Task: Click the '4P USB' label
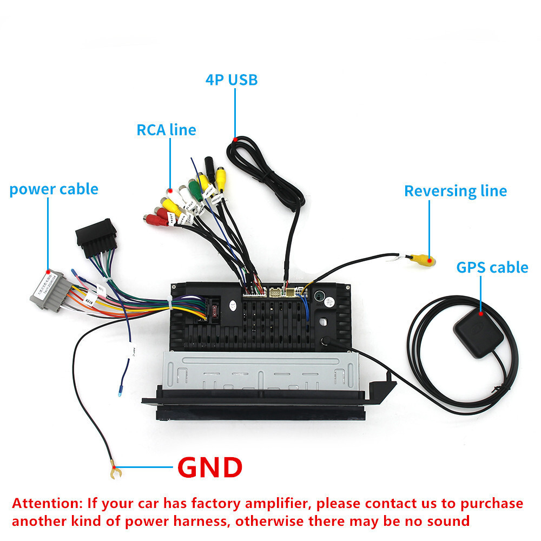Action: pyautogui.click(x=232, y=80)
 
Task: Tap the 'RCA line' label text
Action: pyautogui.click(x=166, y=130)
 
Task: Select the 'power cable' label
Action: pyautogui.click(x=54, y=189)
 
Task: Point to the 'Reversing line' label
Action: pyautogui.click(x=456, y=191)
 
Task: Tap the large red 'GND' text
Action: pyautogui.click(x=210, y=467)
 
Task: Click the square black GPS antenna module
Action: pyautogui.click(x=478, y=335)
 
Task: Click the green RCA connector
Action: pyautogui.click(x=196, y=190)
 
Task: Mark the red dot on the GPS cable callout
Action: pyautogui.click(x=480, y=313)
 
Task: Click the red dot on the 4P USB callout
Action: pyautogui.click(x=235, y=140)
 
